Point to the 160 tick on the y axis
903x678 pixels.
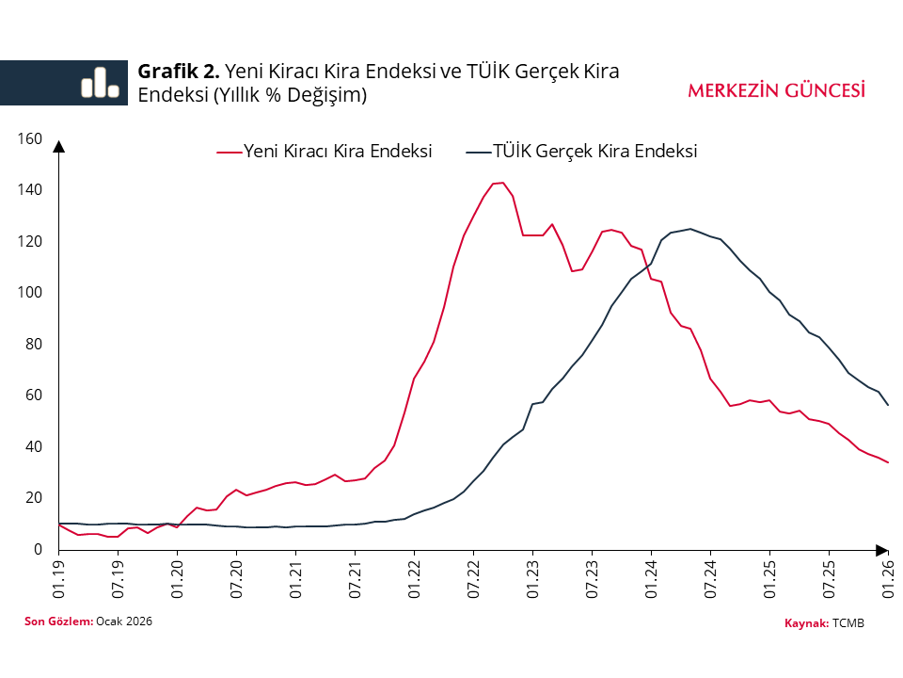31,139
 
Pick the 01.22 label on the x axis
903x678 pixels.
414,576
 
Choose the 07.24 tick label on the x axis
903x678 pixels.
710,576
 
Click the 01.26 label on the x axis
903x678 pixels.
888,576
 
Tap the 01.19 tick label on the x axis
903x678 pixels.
59,576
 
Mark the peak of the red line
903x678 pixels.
502,183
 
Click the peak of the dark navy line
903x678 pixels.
690,229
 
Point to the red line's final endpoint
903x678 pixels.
888,462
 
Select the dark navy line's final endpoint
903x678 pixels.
888,405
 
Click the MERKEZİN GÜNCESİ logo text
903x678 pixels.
776,90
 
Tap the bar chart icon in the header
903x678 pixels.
100,83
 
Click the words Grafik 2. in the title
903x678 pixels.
179,72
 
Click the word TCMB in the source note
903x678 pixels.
848,623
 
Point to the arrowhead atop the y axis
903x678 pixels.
59,146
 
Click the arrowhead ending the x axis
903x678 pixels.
881,549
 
